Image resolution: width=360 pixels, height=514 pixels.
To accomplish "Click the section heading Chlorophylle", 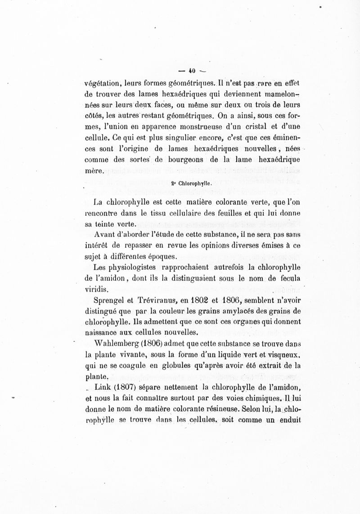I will pyautogui.click(x=194, y=183).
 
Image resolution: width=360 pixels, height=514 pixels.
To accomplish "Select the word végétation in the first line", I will pyautogui.click(x=103, y=83).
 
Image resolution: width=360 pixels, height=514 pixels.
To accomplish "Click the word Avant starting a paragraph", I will pyautogui.click(x=106, y=235).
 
